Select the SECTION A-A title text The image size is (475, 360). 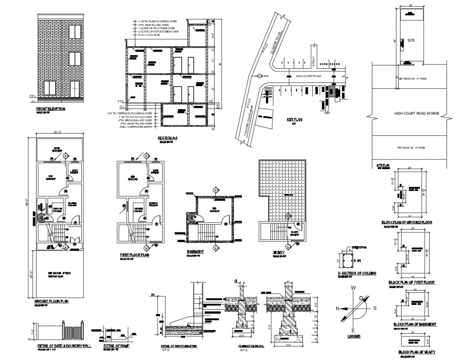pos(167,138)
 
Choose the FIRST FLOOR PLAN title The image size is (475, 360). pos(135,255)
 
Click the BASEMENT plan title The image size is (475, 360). pos(195,252)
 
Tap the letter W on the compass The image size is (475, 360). pos(353,287)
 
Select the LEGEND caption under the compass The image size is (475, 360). pos(353,337)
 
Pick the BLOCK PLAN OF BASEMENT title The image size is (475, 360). pos(415,324)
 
